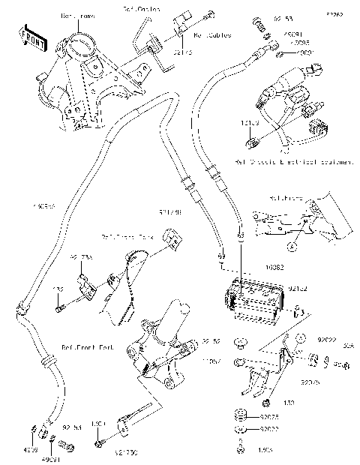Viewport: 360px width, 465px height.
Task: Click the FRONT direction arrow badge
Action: tap(30, 35)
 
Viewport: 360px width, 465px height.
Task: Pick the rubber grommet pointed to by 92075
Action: tap(241, 415)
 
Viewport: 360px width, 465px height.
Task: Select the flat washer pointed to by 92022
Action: tap(241, 430)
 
